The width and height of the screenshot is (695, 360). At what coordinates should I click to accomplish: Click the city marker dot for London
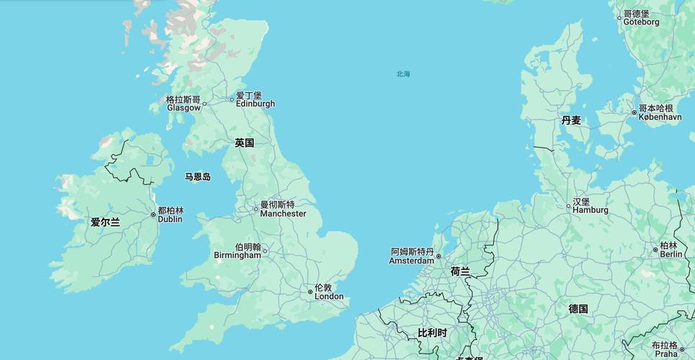coord(310,292)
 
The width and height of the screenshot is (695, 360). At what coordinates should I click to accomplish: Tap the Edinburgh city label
coord(255,99)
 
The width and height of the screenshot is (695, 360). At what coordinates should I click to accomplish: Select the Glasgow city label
coord(183,103)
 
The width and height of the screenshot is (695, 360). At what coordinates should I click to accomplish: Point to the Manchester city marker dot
coord(256,210)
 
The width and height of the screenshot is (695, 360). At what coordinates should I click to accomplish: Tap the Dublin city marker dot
coord(153,215)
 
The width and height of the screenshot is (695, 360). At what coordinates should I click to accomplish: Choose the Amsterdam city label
coord(412,256)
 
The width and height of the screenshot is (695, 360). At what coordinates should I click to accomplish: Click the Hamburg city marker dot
coord(568,206)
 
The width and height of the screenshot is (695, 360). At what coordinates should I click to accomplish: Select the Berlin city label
coord(670,250)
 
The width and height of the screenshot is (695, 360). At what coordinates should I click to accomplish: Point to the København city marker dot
coord(634,112)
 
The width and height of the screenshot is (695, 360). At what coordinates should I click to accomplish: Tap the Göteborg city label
coord(640,18)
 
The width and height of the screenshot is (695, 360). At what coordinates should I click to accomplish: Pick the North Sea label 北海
coord(403,74)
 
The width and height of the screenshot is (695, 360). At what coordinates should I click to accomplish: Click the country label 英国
coord(244,143)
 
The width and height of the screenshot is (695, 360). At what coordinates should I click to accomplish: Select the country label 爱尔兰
coord(105,222)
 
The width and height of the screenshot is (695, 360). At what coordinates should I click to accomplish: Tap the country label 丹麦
coord(571,120)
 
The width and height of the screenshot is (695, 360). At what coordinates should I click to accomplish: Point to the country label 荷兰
coord(460,271)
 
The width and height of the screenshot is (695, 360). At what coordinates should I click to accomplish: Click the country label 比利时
coord(432,333)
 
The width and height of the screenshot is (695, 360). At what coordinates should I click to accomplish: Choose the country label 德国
coord(578,309)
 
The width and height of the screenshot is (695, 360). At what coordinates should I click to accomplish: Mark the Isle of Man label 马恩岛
coord(197,176)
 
